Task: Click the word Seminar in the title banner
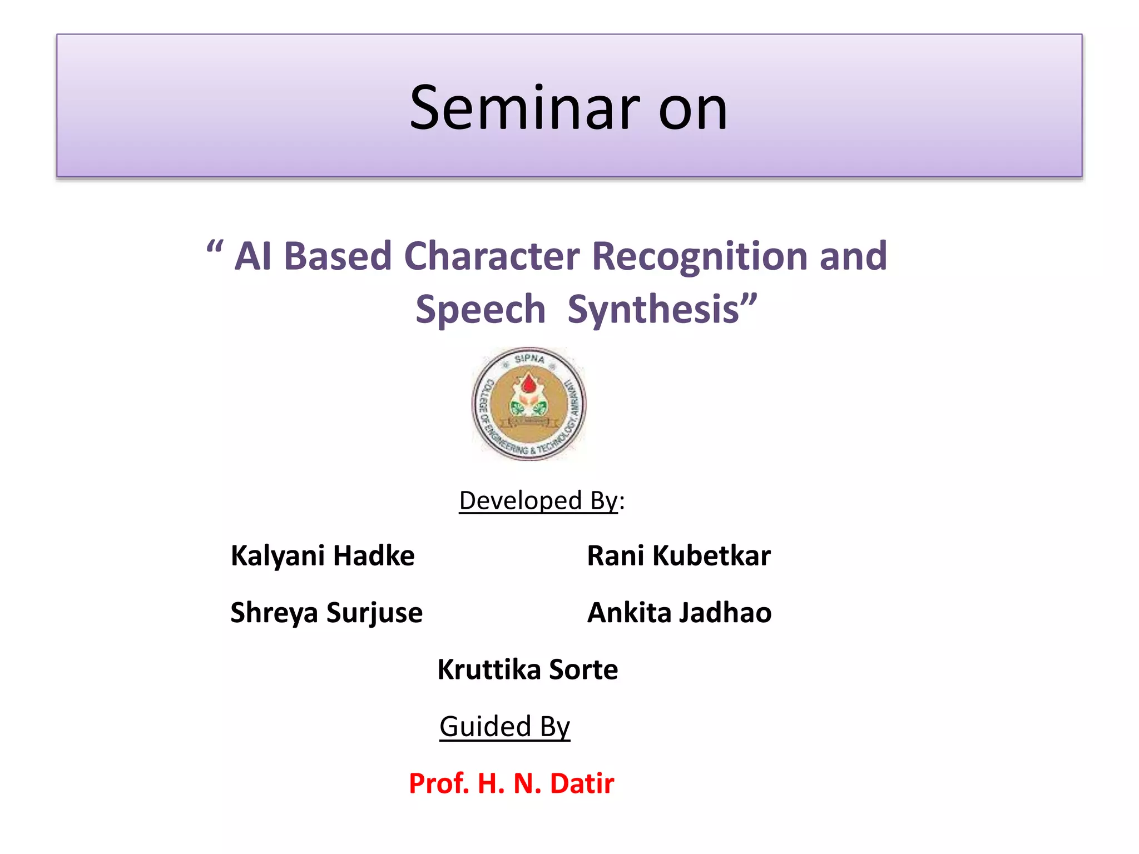pos(524,108)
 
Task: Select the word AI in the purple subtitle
pos(252,257)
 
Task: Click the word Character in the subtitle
pos(492,257)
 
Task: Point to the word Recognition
pos(700,257)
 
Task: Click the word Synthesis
pos(653,310)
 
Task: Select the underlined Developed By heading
pos(538,500)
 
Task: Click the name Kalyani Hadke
pos(323,556)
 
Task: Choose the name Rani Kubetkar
pos(679,556)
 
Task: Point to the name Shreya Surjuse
pos(326,613)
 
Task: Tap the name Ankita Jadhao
pos(679,613)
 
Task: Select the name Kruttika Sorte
pos(527,669)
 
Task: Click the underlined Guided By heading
pos(504,726)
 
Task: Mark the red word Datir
pos(582,783)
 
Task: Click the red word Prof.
pos(439,783)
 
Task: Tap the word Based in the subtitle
pos(338,257)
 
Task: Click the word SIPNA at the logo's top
pos(529,359)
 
